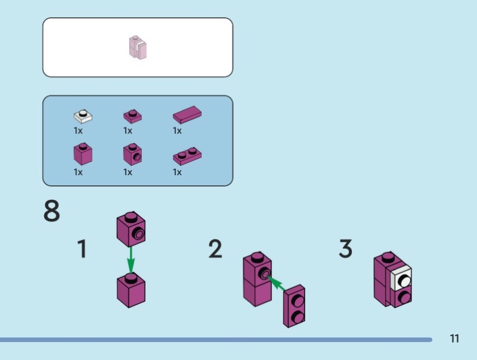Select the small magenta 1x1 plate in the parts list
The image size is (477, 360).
pos(132,116)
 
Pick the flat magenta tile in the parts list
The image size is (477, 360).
pos(187,114)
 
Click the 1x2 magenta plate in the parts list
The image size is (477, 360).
pos(187,156)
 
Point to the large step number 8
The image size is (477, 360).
pos(52,212)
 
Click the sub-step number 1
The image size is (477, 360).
pos(82,249)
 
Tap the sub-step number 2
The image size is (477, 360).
pos(215,249)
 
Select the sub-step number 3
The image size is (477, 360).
pos(345,249)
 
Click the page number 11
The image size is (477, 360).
pos(454,339)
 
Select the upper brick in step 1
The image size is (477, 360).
pos(132,229)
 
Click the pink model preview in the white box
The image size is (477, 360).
pos(138,47)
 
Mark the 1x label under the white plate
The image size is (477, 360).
pos(78,131)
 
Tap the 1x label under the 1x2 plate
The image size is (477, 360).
pos(177,172)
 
